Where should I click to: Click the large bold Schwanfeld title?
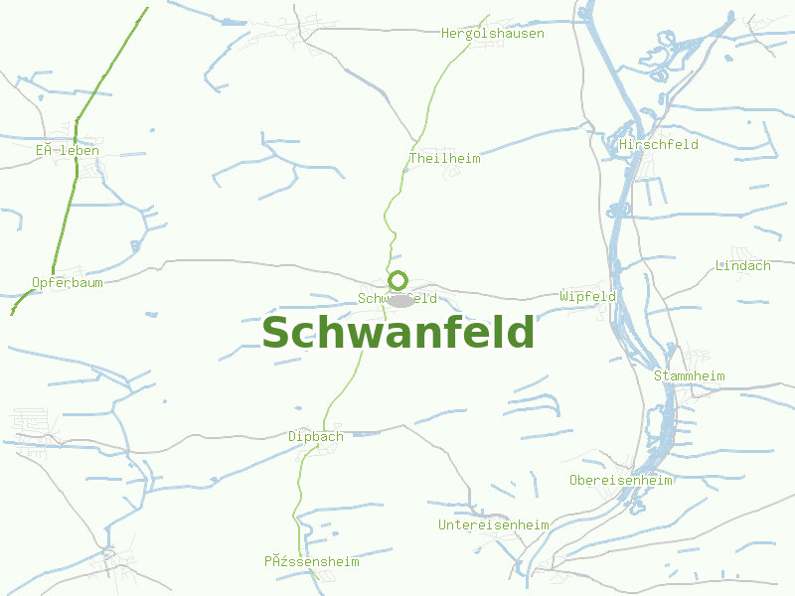click(397, 334)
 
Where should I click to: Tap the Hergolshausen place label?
click(493, 34)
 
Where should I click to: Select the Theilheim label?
click(444, 159)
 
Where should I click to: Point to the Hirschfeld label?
click(658, 145)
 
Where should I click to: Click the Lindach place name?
click(742, 266)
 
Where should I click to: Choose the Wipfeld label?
click(587, 297)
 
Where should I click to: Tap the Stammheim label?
click(689, 376)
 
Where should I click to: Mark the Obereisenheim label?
click(620, 481)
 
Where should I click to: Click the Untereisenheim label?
click(493, 524)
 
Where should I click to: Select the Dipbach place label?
click(315, 437)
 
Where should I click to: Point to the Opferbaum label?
click(67, 282)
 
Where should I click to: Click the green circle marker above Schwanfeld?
click(397, 280)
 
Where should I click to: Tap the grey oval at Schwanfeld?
click(399, 300)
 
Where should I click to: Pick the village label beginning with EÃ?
click(67, 151)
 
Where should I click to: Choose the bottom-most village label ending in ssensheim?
click(311, 562)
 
